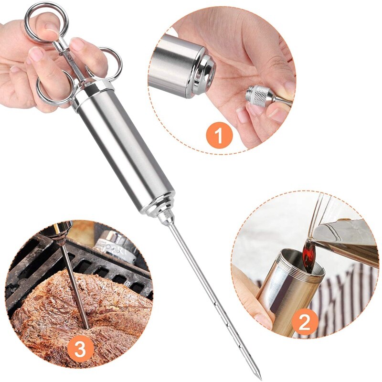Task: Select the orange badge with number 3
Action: pyautogui.click(x=80, y=350)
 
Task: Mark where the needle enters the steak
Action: pyautogui.click(x=85, y=326)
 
